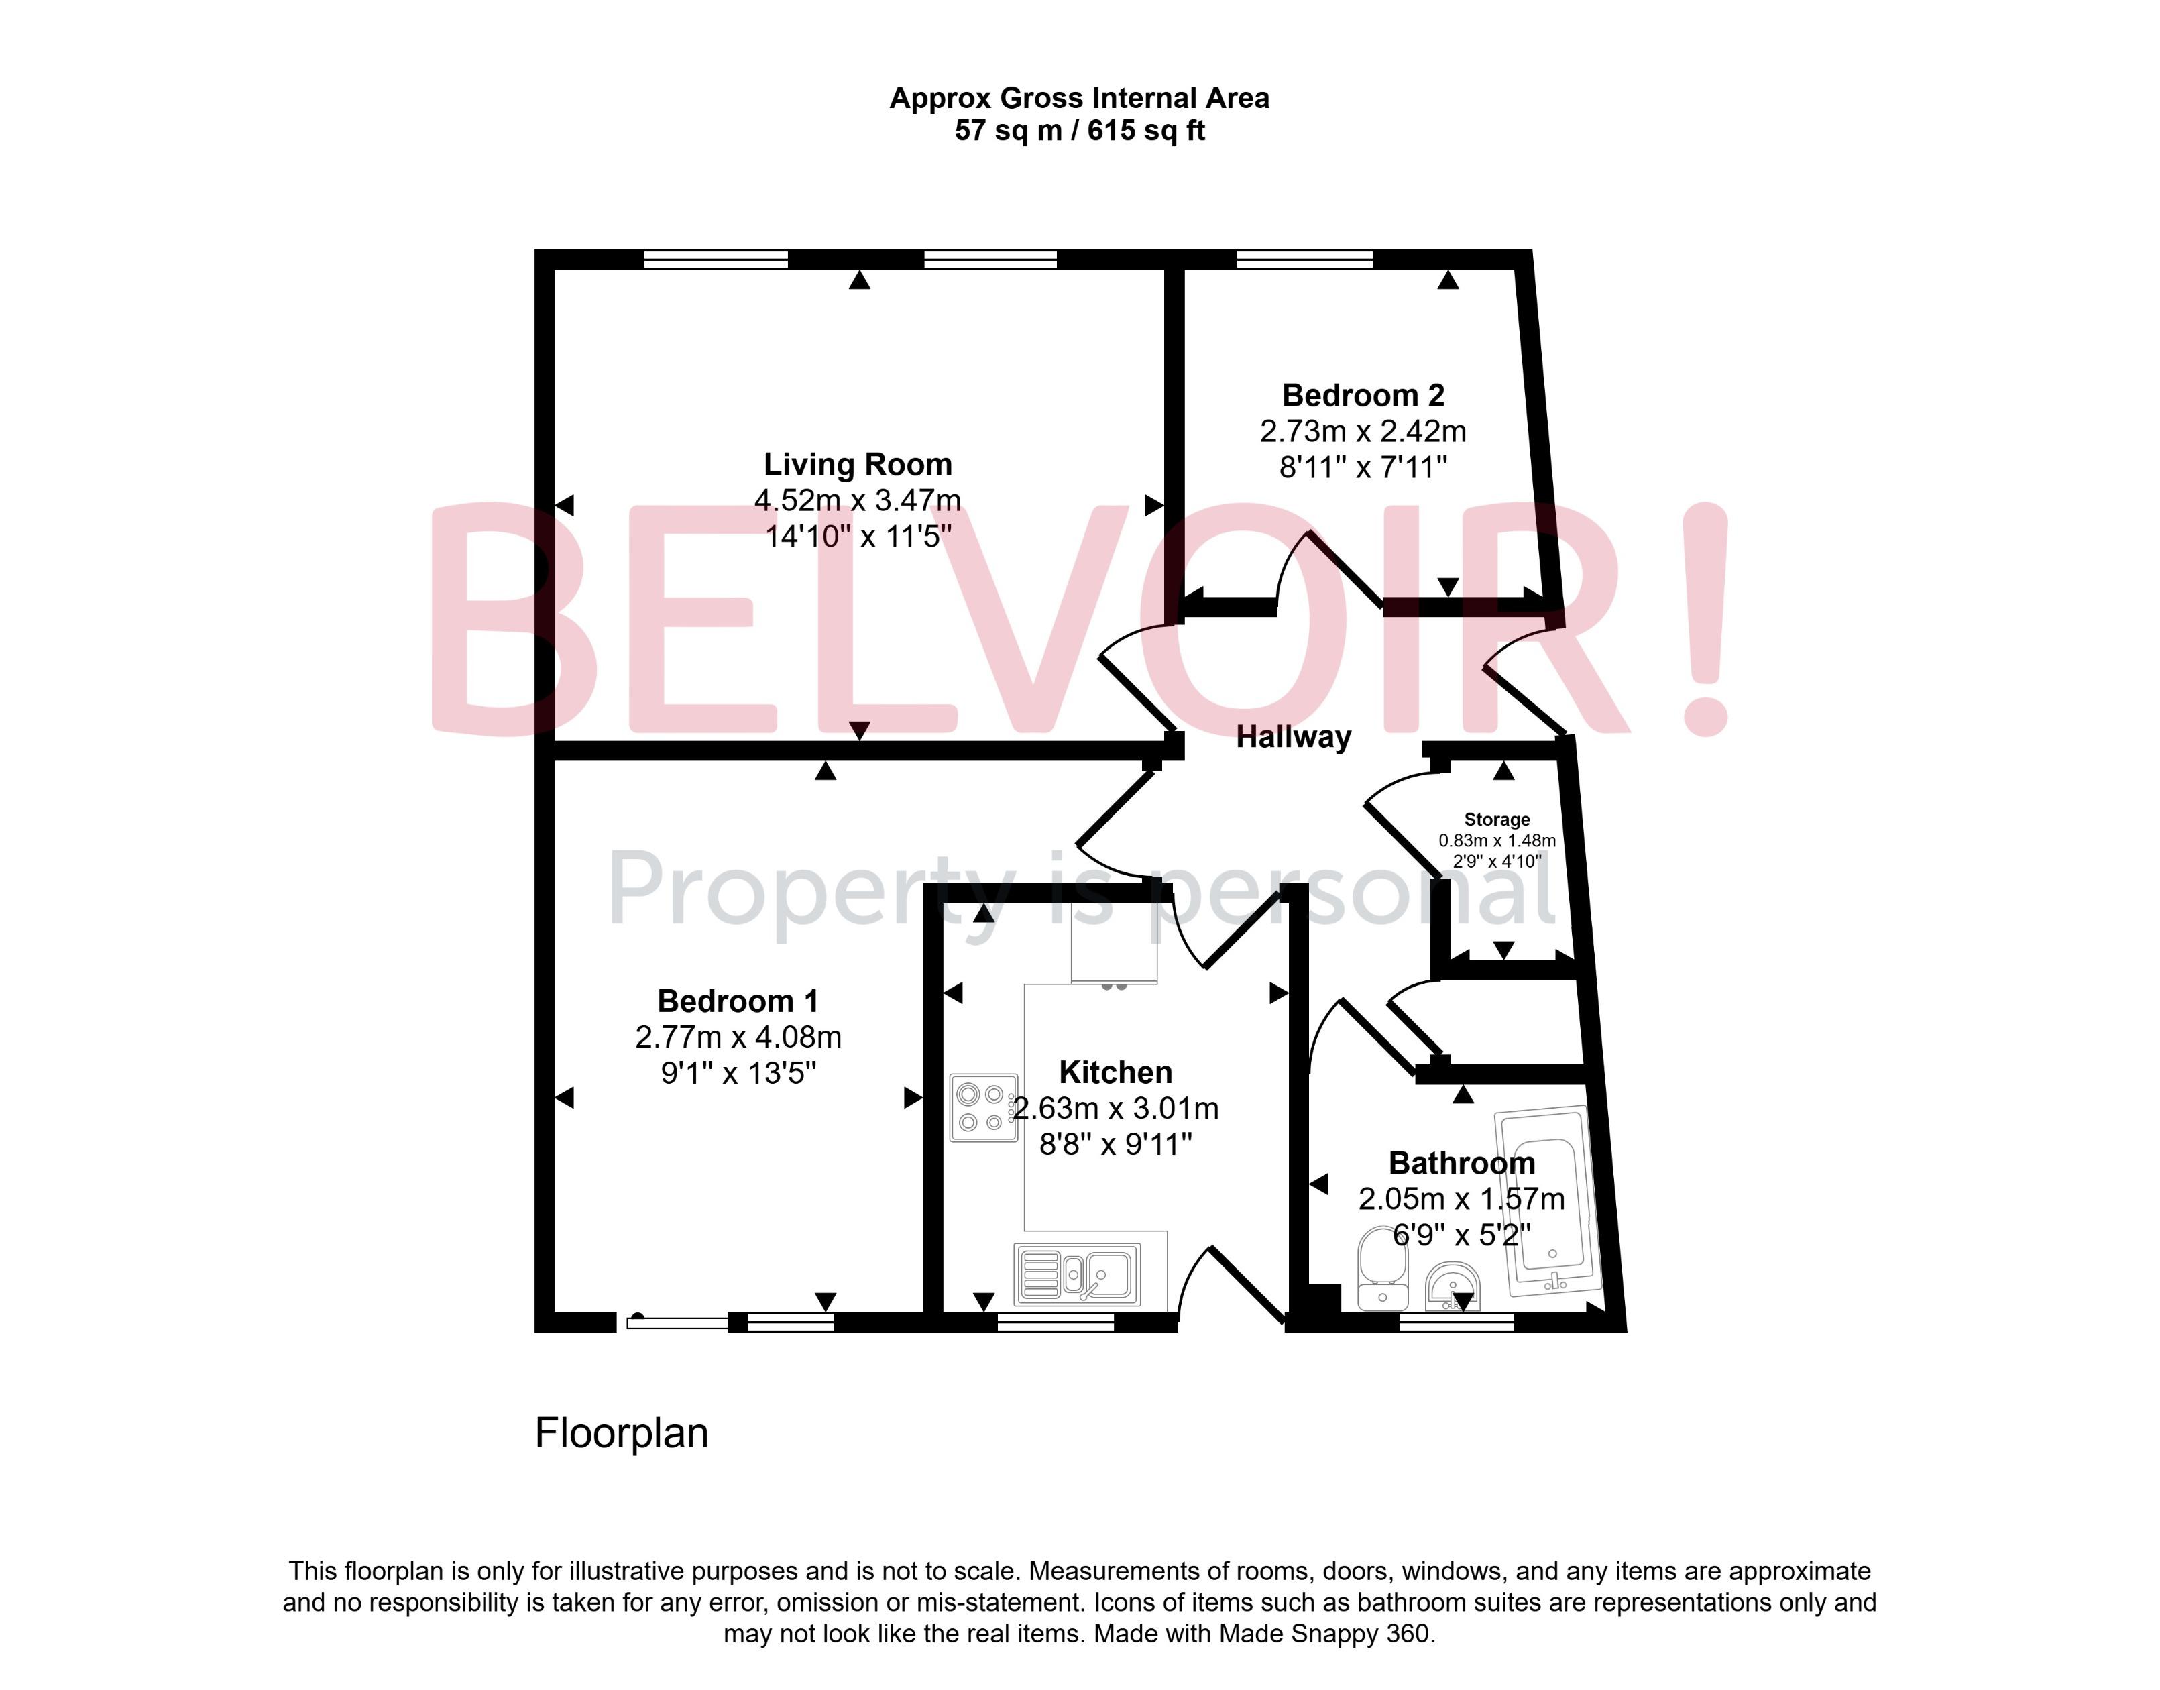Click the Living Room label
[857, 464]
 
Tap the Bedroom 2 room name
[1363, 395]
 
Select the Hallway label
[1293, 737]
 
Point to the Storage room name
[1496, 820]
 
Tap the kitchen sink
[1078, 1274]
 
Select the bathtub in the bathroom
[1546, 1200]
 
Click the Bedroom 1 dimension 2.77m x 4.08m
[738, 1037]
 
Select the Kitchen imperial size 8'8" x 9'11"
[1115, 1145]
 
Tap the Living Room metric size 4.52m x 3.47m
[857, 501]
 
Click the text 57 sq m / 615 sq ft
[1080, 131]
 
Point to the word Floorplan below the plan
[622, 1432]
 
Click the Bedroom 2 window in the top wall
[1304, 260]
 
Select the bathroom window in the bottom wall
[1457, 1323]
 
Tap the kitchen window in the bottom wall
[1055, 1323]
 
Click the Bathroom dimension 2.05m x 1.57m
[1461, 1199]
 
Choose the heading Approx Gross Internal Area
[1080, 98]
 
